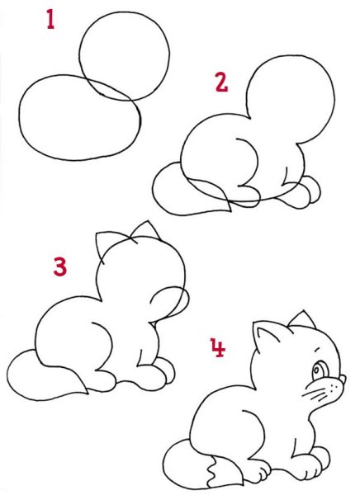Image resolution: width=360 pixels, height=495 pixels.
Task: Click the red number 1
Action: tap(51, 19)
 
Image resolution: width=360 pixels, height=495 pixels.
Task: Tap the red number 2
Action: tap(220, 82)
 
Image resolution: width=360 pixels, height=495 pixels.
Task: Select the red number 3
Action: tap(59, 266)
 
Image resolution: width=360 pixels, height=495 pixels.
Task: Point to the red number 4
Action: tap(217, 349)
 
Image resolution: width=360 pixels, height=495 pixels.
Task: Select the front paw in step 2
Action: tap(306, 192)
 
